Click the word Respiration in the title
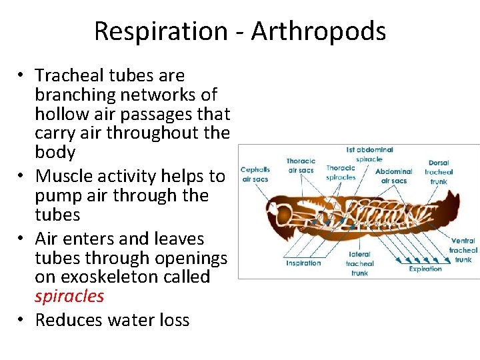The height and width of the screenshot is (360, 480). click(x=161, y=31)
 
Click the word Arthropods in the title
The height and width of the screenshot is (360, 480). click(x=318, y=31)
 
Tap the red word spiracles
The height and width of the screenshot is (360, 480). click(x=69, y=295)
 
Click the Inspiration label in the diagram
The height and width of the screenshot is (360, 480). click(x=304, y=263)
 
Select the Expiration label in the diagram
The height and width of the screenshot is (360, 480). click(x=425, y=269)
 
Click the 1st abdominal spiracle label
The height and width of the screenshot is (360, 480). click(x=369, y=155)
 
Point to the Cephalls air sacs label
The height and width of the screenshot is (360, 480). click(x=255, y=174)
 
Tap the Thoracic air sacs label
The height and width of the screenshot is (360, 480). click(x=300, y=165)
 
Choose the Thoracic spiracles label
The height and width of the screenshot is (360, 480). click(x=341, y=173)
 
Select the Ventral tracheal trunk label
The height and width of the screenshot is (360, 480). click(x=463, y=250)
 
